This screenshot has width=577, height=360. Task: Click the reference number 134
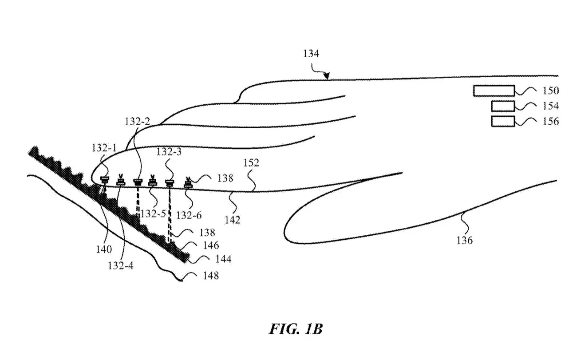pos(311,54)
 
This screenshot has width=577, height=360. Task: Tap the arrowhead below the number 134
pos(327,77)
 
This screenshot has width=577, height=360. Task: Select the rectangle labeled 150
pos(494,91)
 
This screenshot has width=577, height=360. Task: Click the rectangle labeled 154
pos(502,106)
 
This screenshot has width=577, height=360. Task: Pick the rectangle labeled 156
pos(502,121)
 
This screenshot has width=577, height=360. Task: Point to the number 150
pos(550,91)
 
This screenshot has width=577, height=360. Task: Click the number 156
pos(550,121)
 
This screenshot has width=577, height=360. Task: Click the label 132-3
pos(169,152)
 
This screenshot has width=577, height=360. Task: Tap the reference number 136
pos(464,241)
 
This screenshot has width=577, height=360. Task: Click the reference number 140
pos(103,249)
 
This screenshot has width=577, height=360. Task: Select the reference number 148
pos(210,276)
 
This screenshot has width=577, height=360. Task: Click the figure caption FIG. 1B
pos(295,329)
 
